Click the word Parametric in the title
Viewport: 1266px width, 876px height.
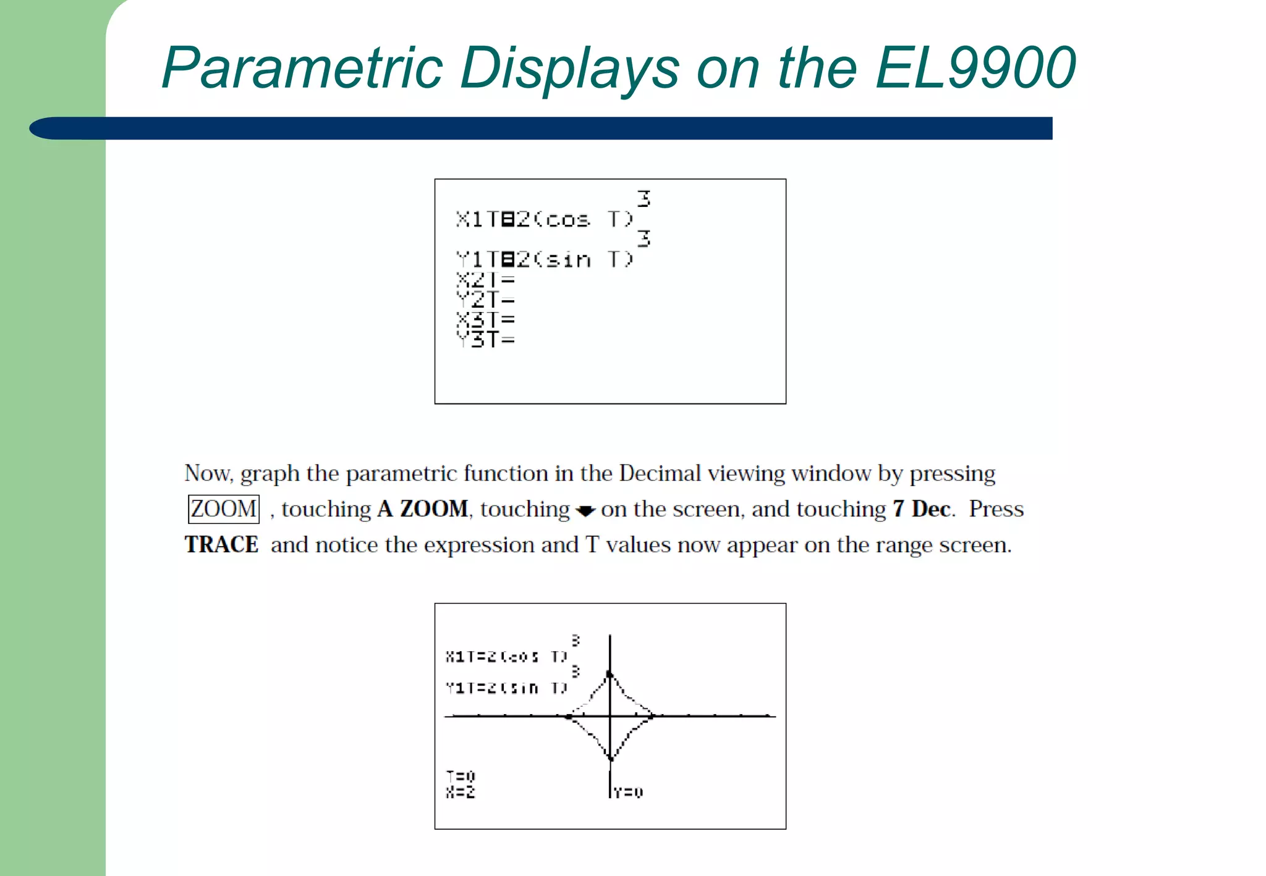[x=302, y=68]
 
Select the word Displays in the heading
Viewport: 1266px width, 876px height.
[x=569, y=68]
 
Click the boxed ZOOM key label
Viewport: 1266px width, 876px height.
[x=223, y=509]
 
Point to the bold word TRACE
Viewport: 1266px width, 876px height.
[x=221, y=545]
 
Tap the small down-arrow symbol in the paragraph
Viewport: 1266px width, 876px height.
[x=585, y=511]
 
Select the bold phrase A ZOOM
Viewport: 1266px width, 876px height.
[x=423, y=509]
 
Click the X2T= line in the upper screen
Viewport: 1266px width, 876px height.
[x=485, y=280]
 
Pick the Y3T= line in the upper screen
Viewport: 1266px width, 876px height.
[x=485, y=339]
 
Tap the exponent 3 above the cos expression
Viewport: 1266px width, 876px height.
[x=644, y=199]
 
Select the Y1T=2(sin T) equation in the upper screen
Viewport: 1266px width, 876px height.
[x=544, y=259]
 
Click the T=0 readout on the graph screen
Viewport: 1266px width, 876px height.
[x=461, y=775]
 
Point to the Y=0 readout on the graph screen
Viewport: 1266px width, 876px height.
[x=629, y=792]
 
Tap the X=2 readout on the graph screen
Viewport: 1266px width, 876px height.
[x=461, y=792]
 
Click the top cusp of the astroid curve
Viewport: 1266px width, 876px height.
[x=610, y=674]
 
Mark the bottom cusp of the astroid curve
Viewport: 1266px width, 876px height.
[x=610, y=758]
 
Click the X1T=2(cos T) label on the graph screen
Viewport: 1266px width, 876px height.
[x=506, y=656]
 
